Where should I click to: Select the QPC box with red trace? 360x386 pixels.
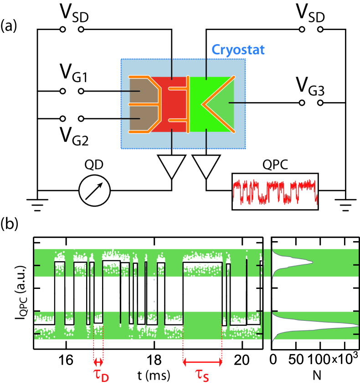[x=275, y=191]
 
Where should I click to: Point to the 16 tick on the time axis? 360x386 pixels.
[x=66, y=359]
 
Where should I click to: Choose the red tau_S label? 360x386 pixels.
[x=204, y=376]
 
